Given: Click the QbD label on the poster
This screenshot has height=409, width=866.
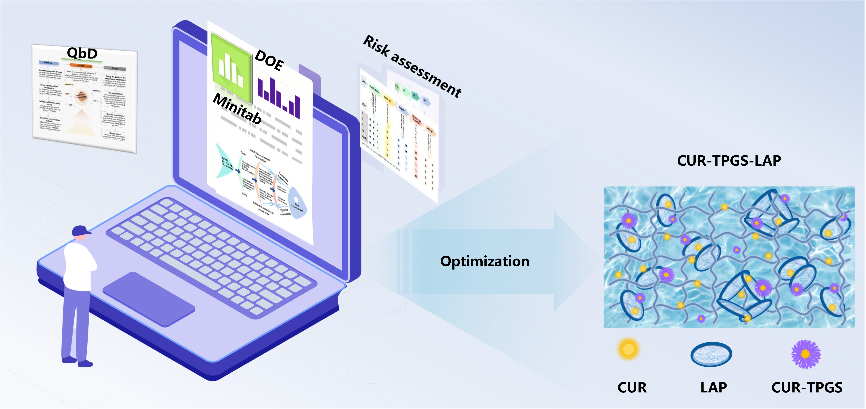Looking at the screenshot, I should point(82,53).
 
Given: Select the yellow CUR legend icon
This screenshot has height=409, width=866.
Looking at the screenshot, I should point(628,349).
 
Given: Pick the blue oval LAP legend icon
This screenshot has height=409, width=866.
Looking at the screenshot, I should point(711,354).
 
